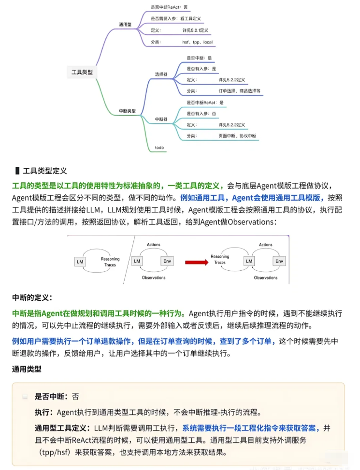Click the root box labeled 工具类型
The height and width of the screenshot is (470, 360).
coord(82,72)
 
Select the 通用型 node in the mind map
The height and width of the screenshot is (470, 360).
coord(125,24)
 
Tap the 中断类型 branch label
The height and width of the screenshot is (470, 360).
coord(127,111)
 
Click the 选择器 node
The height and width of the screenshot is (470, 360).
coord(161,74)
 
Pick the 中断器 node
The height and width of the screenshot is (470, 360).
coord(161,119)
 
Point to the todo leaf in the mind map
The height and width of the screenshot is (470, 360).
coord(159,147)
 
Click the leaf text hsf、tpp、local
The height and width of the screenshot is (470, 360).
coord(197,42)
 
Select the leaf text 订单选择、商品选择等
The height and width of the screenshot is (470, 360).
coord(239,90)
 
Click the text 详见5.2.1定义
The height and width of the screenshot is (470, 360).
coord(195,30)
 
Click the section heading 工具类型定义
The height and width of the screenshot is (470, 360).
coord(44,171)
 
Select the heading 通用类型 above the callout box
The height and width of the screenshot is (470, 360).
coord(27,369)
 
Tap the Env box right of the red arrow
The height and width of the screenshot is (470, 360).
coord(279,261)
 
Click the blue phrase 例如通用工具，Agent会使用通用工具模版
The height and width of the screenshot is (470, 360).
coord(252,197)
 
